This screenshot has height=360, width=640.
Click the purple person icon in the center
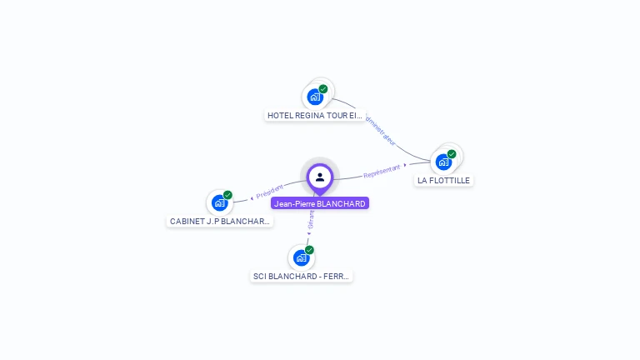(x=320, y=177)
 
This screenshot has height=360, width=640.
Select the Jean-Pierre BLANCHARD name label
(x=319, y=203)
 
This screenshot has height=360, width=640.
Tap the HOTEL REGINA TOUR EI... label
(x=315, y=115)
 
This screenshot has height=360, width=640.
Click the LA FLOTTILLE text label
(x=444, y=180)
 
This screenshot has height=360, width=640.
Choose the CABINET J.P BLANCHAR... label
(x=220, y=222)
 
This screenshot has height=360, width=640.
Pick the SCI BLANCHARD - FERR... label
(x=302, y=276)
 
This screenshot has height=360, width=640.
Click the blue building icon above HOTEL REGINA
(x=315, y=96)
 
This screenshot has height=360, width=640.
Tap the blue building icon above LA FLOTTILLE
(x=444, y=161)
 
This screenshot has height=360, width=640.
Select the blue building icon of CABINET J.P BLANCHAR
(x=219, y=202)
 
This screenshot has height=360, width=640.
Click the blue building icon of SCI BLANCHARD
(x=301, y=257)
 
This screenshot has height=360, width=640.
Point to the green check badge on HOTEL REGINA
(x=323, y=88)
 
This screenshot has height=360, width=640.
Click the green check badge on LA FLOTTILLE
(x=452, y=153)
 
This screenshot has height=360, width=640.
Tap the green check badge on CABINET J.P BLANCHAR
(x=227, y=195)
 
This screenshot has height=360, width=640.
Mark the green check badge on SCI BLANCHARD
(x=309, y=249)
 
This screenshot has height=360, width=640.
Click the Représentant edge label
(x=382, y=171)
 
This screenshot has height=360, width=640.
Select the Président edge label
(x=270, y=191)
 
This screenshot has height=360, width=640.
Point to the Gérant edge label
(x=311, y=222)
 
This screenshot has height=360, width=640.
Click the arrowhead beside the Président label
(x=252, y=198)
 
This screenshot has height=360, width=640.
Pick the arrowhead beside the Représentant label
(x=405, y=165)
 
